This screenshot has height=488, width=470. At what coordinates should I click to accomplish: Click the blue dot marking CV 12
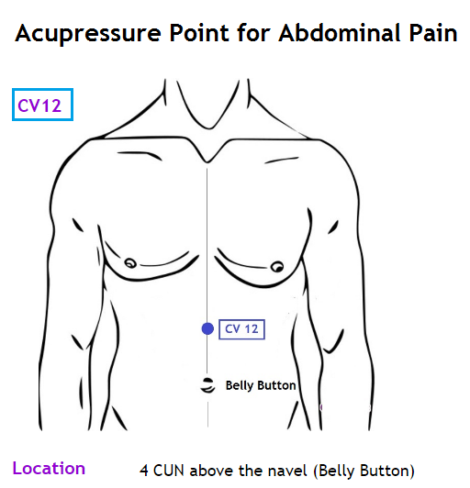point(207,328)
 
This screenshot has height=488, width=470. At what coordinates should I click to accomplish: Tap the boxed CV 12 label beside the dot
point(241,329)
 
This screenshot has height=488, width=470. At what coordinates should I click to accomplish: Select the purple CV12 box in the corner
point(42,105)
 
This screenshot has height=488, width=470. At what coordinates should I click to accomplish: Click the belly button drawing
point(207,385)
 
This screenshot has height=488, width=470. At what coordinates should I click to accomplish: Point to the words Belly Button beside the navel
point(261,385)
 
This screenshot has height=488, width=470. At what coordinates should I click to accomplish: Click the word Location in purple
point(49,468)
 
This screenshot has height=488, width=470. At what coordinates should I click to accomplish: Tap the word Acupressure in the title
point(88,33)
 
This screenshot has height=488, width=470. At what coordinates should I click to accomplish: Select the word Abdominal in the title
point(340,32)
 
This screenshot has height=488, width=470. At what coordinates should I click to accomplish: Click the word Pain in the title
point(433,32)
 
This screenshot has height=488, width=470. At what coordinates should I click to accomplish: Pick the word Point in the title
point(199,32)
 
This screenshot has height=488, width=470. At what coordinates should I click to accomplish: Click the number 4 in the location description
point(143,471)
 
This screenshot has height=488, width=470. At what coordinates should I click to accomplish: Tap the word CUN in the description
point(169,471)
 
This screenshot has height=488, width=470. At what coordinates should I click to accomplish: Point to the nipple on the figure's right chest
point(131,263)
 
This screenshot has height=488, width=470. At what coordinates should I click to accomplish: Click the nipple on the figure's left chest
point(277,267)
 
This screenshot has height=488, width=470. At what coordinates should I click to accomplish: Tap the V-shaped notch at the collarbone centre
point(207,161)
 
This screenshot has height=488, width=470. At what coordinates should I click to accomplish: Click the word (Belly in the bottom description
point(334,471)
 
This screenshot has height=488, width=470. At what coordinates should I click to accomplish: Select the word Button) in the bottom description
point(387,471)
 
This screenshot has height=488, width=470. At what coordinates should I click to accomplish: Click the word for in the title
point(254,32)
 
